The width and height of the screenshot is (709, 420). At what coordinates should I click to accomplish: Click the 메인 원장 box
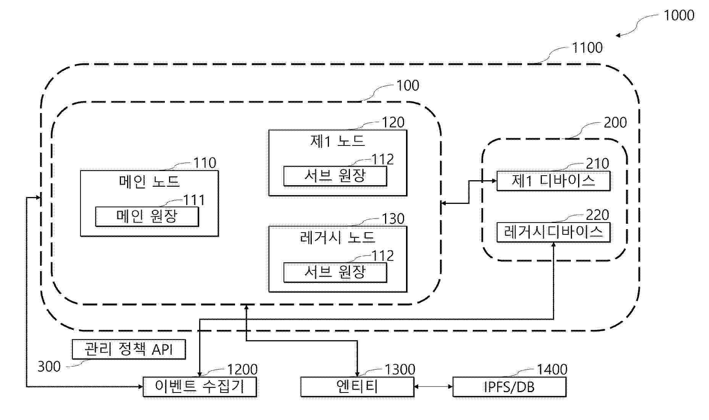click(x=147, y=216)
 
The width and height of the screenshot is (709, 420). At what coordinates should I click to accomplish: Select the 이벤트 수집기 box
click(x=200, y=387)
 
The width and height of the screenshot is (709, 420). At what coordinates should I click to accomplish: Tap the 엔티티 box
click(x=357, y=387)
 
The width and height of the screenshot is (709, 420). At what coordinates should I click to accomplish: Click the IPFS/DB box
click(x=509, y=387)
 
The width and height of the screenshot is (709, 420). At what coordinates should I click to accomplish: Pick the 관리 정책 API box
click(x=129, y=349)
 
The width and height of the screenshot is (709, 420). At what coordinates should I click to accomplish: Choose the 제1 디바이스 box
click(x=553, y=181)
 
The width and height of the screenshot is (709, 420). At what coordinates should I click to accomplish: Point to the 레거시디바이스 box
click(x=553, y=232)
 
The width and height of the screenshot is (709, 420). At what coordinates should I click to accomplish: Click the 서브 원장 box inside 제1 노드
click(x=335, y=176)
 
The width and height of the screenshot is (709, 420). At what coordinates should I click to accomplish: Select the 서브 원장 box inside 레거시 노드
click(x=335, y=272)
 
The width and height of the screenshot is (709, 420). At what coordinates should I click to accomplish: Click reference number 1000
click(x=679, y=16)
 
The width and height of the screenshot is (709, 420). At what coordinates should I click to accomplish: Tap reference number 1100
click(x=587, y=48)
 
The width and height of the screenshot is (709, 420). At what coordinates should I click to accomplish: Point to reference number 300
click(x=49, y=367)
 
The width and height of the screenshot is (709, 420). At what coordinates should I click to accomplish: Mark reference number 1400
click(x=552, y=370)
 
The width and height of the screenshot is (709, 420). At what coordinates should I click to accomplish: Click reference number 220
click(x=597, y=215)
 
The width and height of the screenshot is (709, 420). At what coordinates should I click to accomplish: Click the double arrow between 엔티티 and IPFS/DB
click(x=433, y=387)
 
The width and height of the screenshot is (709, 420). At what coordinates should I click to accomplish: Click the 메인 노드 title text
click(x=149, y=181)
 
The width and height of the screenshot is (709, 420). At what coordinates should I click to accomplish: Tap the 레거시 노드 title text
click(x=338, y=237)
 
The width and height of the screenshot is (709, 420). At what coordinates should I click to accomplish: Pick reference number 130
click(x=393, y=219)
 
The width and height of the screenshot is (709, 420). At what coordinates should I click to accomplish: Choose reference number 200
click(x=615, y=123)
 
